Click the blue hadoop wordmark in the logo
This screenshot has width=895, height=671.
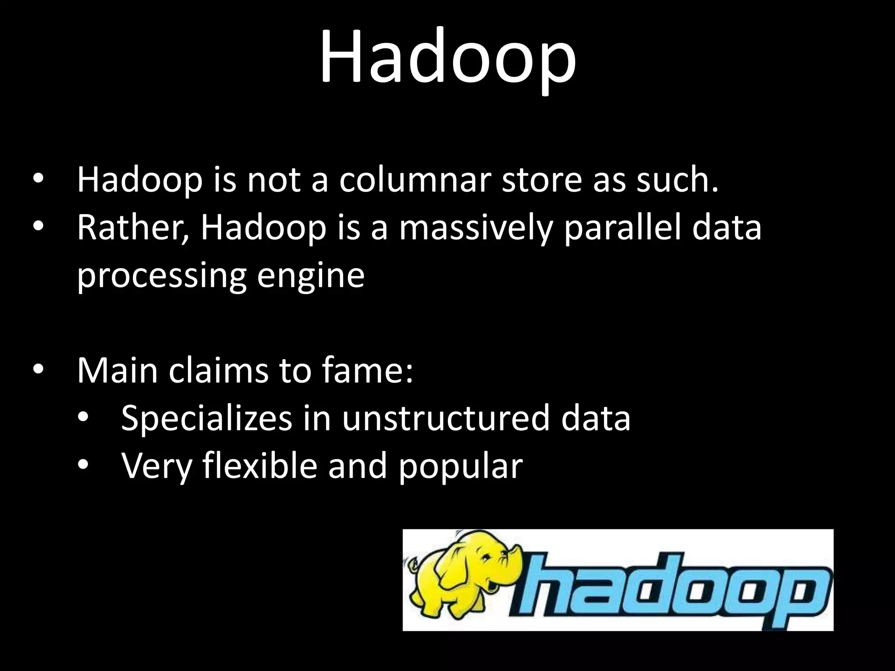coord(669,590)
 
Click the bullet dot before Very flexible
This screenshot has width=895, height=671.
coord(83,466)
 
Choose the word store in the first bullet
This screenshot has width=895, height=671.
coord(542,180)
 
